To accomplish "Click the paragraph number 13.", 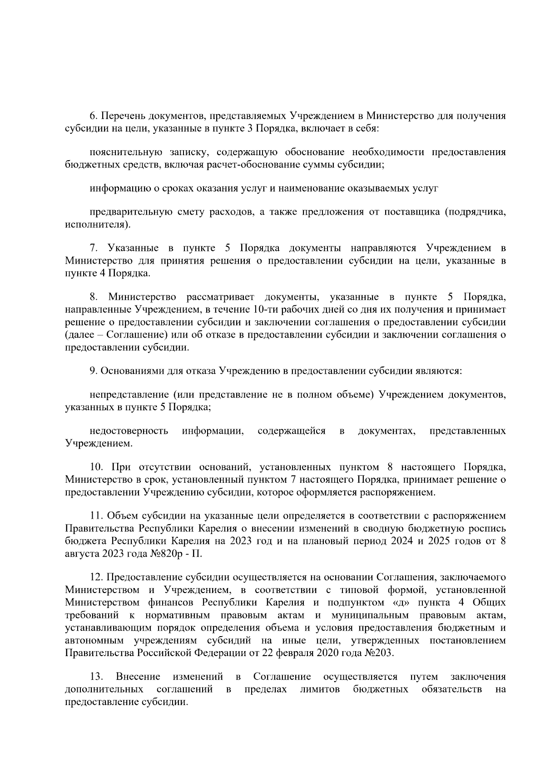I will click(x=96, y=677).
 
